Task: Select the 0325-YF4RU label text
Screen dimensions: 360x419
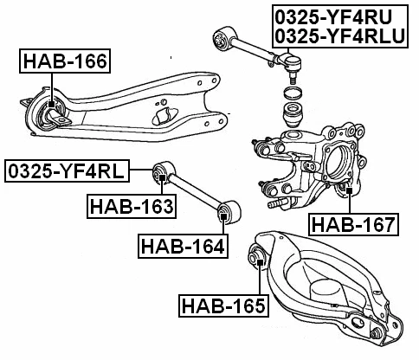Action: point(333,16)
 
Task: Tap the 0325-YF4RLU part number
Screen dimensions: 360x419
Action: point(339,35)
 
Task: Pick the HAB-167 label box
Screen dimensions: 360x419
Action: point(352,225)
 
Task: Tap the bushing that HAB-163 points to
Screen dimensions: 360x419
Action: point(161,176)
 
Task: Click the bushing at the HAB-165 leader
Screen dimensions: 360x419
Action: point(257,254)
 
